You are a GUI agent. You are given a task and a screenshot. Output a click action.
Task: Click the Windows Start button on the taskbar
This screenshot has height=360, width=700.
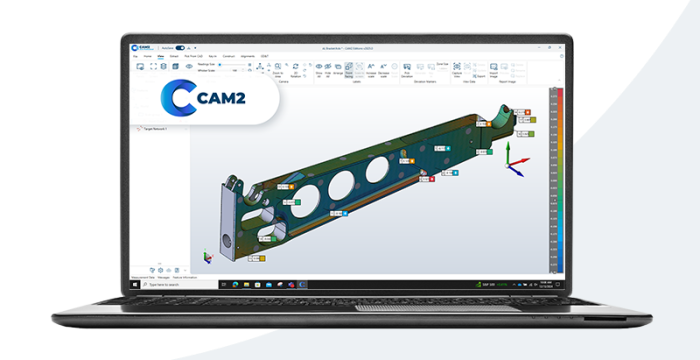[x=136, y=283]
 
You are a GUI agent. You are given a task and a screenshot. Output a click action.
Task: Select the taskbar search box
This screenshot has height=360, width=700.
[x=165, y=283]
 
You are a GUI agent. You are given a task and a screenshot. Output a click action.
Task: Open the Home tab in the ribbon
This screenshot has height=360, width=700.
[x=148, y=56]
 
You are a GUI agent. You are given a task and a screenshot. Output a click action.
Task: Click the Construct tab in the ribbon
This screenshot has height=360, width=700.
[x=227, y=56]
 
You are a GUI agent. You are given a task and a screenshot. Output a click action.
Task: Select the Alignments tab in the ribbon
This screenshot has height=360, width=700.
[x=247, y=56]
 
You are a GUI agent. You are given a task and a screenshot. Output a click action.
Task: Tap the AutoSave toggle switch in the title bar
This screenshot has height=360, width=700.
[x=181, y=47]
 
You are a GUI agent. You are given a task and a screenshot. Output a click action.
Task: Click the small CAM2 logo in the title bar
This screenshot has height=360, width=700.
[x=142, y=47]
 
